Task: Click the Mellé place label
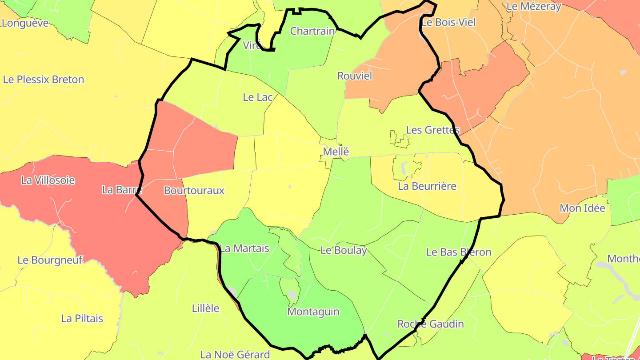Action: (336, 152)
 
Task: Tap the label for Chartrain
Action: (312, 31)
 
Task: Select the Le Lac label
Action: (257, 97)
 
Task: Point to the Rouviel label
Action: (354, 76)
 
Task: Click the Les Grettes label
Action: (432, 130)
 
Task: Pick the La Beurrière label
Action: (427, 186)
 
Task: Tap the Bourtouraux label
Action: (194, 190)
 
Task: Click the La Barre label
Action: (121, 189)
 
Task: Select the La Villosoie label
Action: (48, 180)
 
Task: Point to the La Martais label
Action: (244, 248)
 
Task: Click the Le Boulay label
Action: (344, 250)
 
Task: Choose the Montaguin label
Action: (313, 312)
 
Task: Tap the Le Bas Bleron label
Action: (459, 252)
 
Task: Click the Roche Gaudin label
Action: (430, 324)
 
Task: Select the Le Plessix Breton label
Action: (44, 80)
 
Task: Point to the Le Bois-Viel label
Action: (448, 22)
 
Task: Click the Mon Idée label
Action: (582, 208)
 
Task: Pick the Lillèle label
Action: (205, 308)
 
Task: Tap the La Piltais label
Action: (82, 318)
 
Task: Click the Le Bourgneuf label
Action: (50, 260)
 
